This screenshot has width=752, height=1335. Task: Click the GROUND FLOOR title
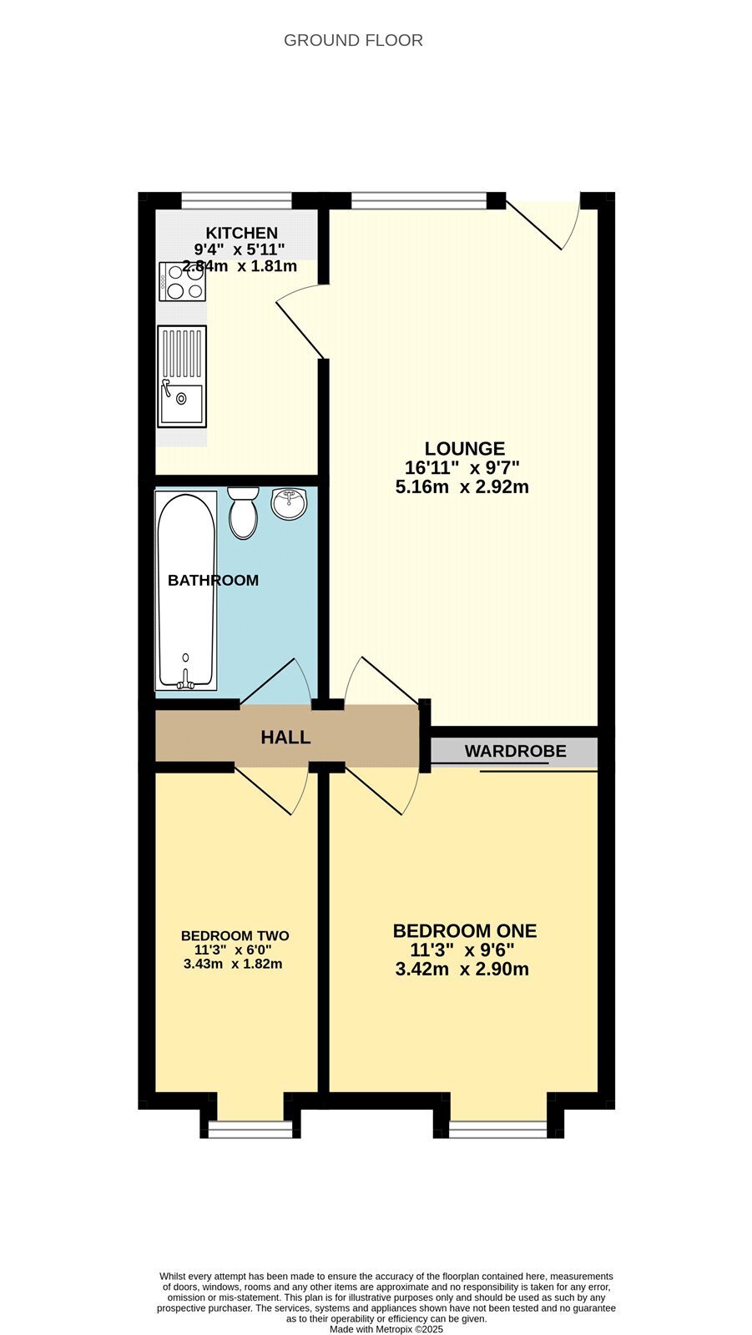click(353, 41)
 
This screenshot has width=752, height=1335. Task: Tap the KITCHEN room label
click(241, 233)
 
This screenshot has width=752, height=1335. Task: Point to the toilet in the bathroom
click(244, 512)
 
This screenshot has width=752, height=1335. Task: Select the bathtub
click(186, 590)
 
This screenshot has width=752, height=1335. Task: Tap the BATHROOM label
click(213, 581)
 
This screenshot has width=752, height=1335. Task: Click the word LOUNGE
click(465, 448)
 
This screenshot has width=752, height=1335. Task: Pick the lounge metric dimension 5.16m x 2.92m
click(462, 487)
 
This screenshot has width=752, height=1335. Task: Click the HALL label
click(285, 738)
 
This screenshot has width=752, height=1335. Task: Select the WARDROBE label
click(515, 751)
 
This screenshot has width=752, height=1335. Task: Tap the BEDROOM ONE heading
click(465, 931)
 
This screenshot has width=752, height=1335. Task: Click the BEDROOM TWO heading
click(235, 935)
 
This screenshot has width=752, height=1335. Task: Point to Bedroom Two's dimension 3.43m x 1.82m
click(233, 964)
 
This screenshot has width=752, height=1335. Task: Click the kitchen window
click(237, 200)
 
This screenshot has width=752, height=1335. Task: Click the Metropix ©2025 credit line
click(386, 1329)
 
